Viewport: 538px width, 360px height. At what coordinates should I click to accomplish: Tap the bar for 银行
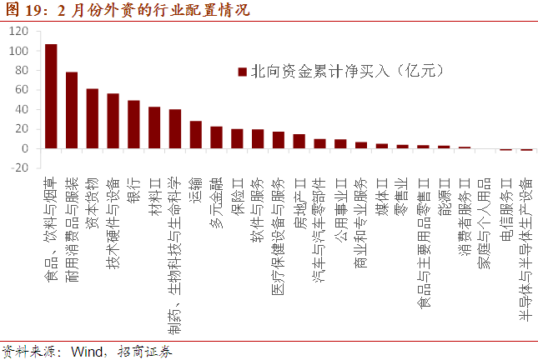(133, 124)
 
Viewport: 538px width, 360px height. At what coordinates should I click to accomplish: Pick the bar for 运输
(196, 135)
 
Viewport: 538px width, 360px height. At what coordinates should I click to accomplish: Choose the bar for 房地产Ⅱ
(299, 142)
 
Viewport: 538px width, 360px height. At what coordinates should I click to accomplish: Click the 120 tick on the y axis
(19, 32)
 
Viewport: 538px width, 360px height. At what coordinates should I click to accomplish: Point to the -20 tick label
(19, 167)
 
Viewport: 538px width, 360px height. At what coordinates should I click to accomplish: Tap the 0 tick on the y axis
(25, 148)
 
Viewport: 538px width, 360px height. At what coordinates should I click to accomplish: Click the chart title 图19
(20, 11)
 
